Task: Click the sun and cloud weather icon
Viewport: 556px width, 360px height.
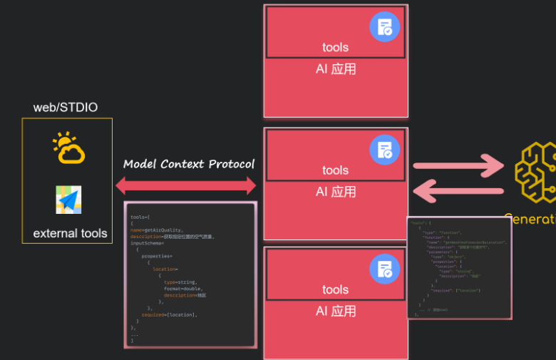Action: (x=69, y=148)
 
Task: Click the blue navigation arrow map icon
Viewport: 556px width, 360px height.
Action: (x=69, y=200)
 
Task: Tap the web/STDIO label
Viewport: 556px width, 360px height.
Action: (x=66, y=108)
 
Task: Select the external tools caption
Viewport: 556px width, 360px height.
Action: (x=70, y=233)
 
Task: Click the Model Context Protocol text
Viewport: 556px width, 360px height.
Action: (x=189, y=164)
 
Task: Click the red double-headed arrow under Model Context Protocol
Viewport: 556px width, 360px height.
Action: (x=186, y=187)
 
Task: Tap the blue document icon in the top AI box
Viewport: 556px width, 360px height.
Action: (x=385, y=27)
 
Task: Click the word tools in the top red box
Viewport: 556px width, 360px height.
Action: (x=335, y=48)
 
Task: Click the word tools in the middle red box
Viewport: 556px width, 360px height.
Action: (x=335, y=170)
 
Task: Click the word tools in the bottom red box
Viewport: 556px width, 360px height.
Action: (x=335, y=290)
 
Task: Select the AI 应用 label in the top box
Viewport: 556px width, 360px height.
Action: (x=336, y=69)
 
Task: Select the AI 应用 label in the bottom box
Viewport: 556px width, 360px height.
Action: (x=336, y=312)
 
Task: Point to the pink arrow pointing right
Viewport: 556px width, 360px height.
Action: (x=459, y=166)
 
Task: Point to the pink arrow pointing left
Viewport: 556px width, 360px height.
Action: (x=459, y=191)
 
